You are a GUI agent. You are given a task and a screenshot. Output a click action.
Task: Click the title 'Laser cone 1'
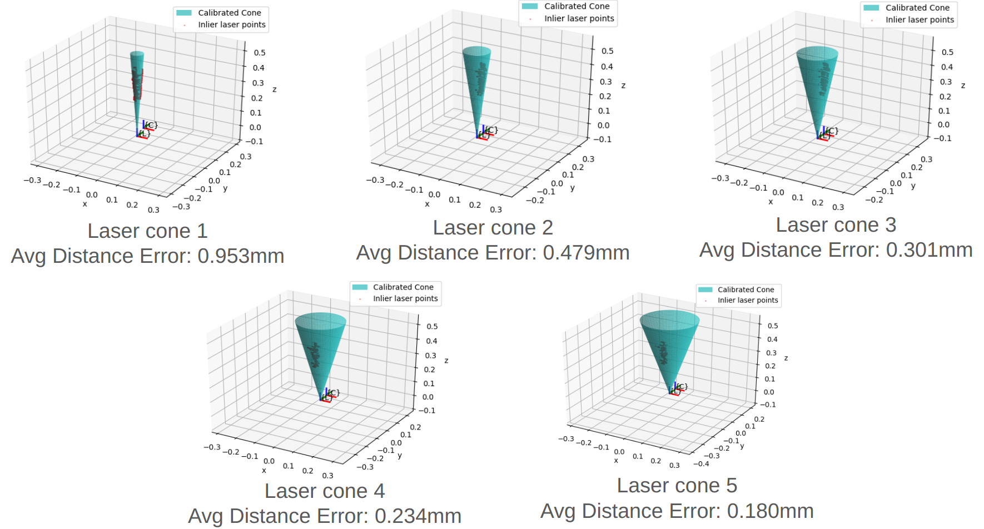(147, 231)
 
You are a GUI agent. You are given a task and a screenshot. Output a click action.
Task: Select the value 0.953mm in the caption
(241, 256)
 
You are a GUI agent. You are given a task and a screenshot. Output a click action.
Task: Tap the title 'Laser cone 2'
(493, 228)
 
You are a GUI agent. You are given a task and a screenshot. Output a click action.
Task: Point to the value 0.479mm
(586, 253)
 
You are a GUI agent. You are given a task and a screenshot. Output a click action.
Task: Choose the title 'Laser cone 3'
(836, 225)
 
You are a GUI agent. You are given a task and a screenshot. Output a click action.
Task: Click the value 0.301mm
(929, 250)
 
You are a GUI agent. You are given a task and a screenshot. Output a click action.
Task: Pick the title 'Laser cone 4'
(324, 491)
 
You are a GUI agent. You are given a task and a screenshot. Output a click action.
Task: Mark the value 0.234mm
(418, 516)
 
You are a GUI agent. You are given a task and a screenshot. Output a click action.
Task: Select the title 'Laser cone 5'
(677, 486)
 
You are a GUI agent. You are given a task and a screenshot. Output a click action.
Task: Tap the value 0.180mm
(770, 511)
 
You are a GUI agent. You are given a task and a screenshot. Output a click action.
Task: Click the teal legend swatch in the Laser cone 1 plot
(184, 13)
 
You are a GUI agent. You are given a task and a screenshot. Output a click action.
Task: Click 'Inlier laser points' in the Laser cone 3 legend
(920, 20)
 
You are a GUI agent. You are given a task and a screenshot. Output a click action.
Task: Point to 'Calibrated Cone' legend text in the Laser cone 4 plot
(403, 287)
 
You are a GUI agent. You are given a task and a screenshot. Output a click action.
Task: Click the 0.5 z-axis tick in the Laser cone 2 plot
(607, 51)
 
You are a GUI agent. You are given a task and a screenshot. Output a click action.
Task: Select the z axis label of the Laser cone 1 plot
(274, 89)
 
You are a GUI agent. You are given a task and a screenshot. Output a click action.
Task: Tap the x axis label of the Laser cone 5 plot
(616, 461)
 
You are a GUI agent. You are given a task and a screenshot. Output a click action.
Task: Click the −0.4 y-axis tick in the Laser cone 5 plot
(701, 464)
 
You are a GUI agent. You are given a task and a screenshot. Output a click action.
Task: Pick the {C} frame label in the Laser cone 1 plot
(151, 125)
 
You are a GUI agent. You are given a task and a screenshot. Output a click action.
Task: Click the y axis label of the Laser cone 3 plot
(913, 186)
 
